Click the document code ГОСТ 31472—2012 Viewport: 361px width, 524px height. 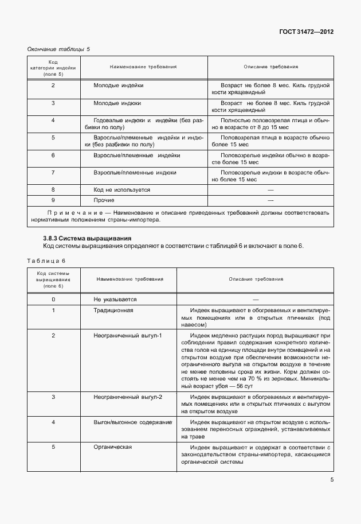point(307,32)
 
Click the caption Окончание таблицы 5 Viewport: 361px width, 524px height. point(59,49)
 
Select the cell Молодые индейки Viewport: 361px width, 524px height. point(119,86)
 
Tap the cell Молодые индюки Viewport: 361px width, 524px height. point(117,103)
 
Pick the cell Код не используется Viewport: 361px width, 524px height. point(121,189)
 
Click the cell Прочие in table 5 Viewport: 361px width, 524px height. point(104,200)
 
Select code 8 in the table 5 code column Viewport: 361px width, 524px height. point(53,189)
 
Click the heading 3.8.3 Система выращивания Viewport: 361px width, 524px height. point(87,238)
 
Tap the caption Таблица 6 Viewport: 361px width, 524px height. point(46,261)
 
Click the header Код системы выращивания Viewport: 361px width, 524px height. point(53,280)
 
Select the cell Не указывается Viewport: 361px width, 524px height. point(115,300)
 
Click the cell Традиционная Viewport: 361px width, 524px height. point(113,310)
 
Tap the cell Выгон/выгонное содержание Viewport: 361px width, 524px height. point(133,422)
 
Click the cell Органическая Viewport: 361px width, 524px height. point(113,447)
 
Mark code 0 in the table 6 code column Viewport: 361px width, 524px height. point(53,300)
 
